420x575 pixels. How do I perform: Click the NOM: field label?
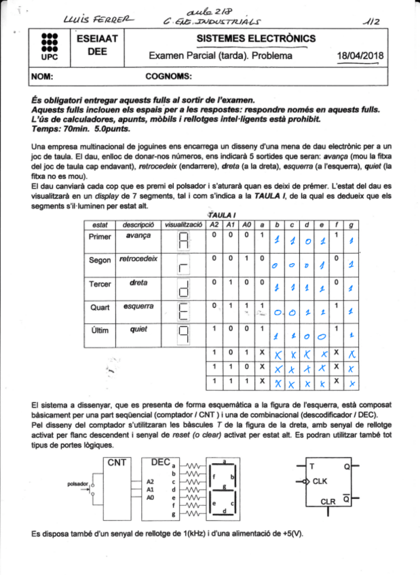click(x=43, y=77)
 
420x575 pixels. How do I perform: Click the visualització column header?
click(x=184, y=224)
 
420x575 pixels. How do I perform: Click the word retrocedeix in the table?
click(x=138, y=258)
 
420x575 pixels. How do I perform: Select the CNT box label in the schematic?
click(x=118, y=462)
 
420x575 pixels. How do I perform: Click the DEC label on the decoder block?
click(x=160, y=462)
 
